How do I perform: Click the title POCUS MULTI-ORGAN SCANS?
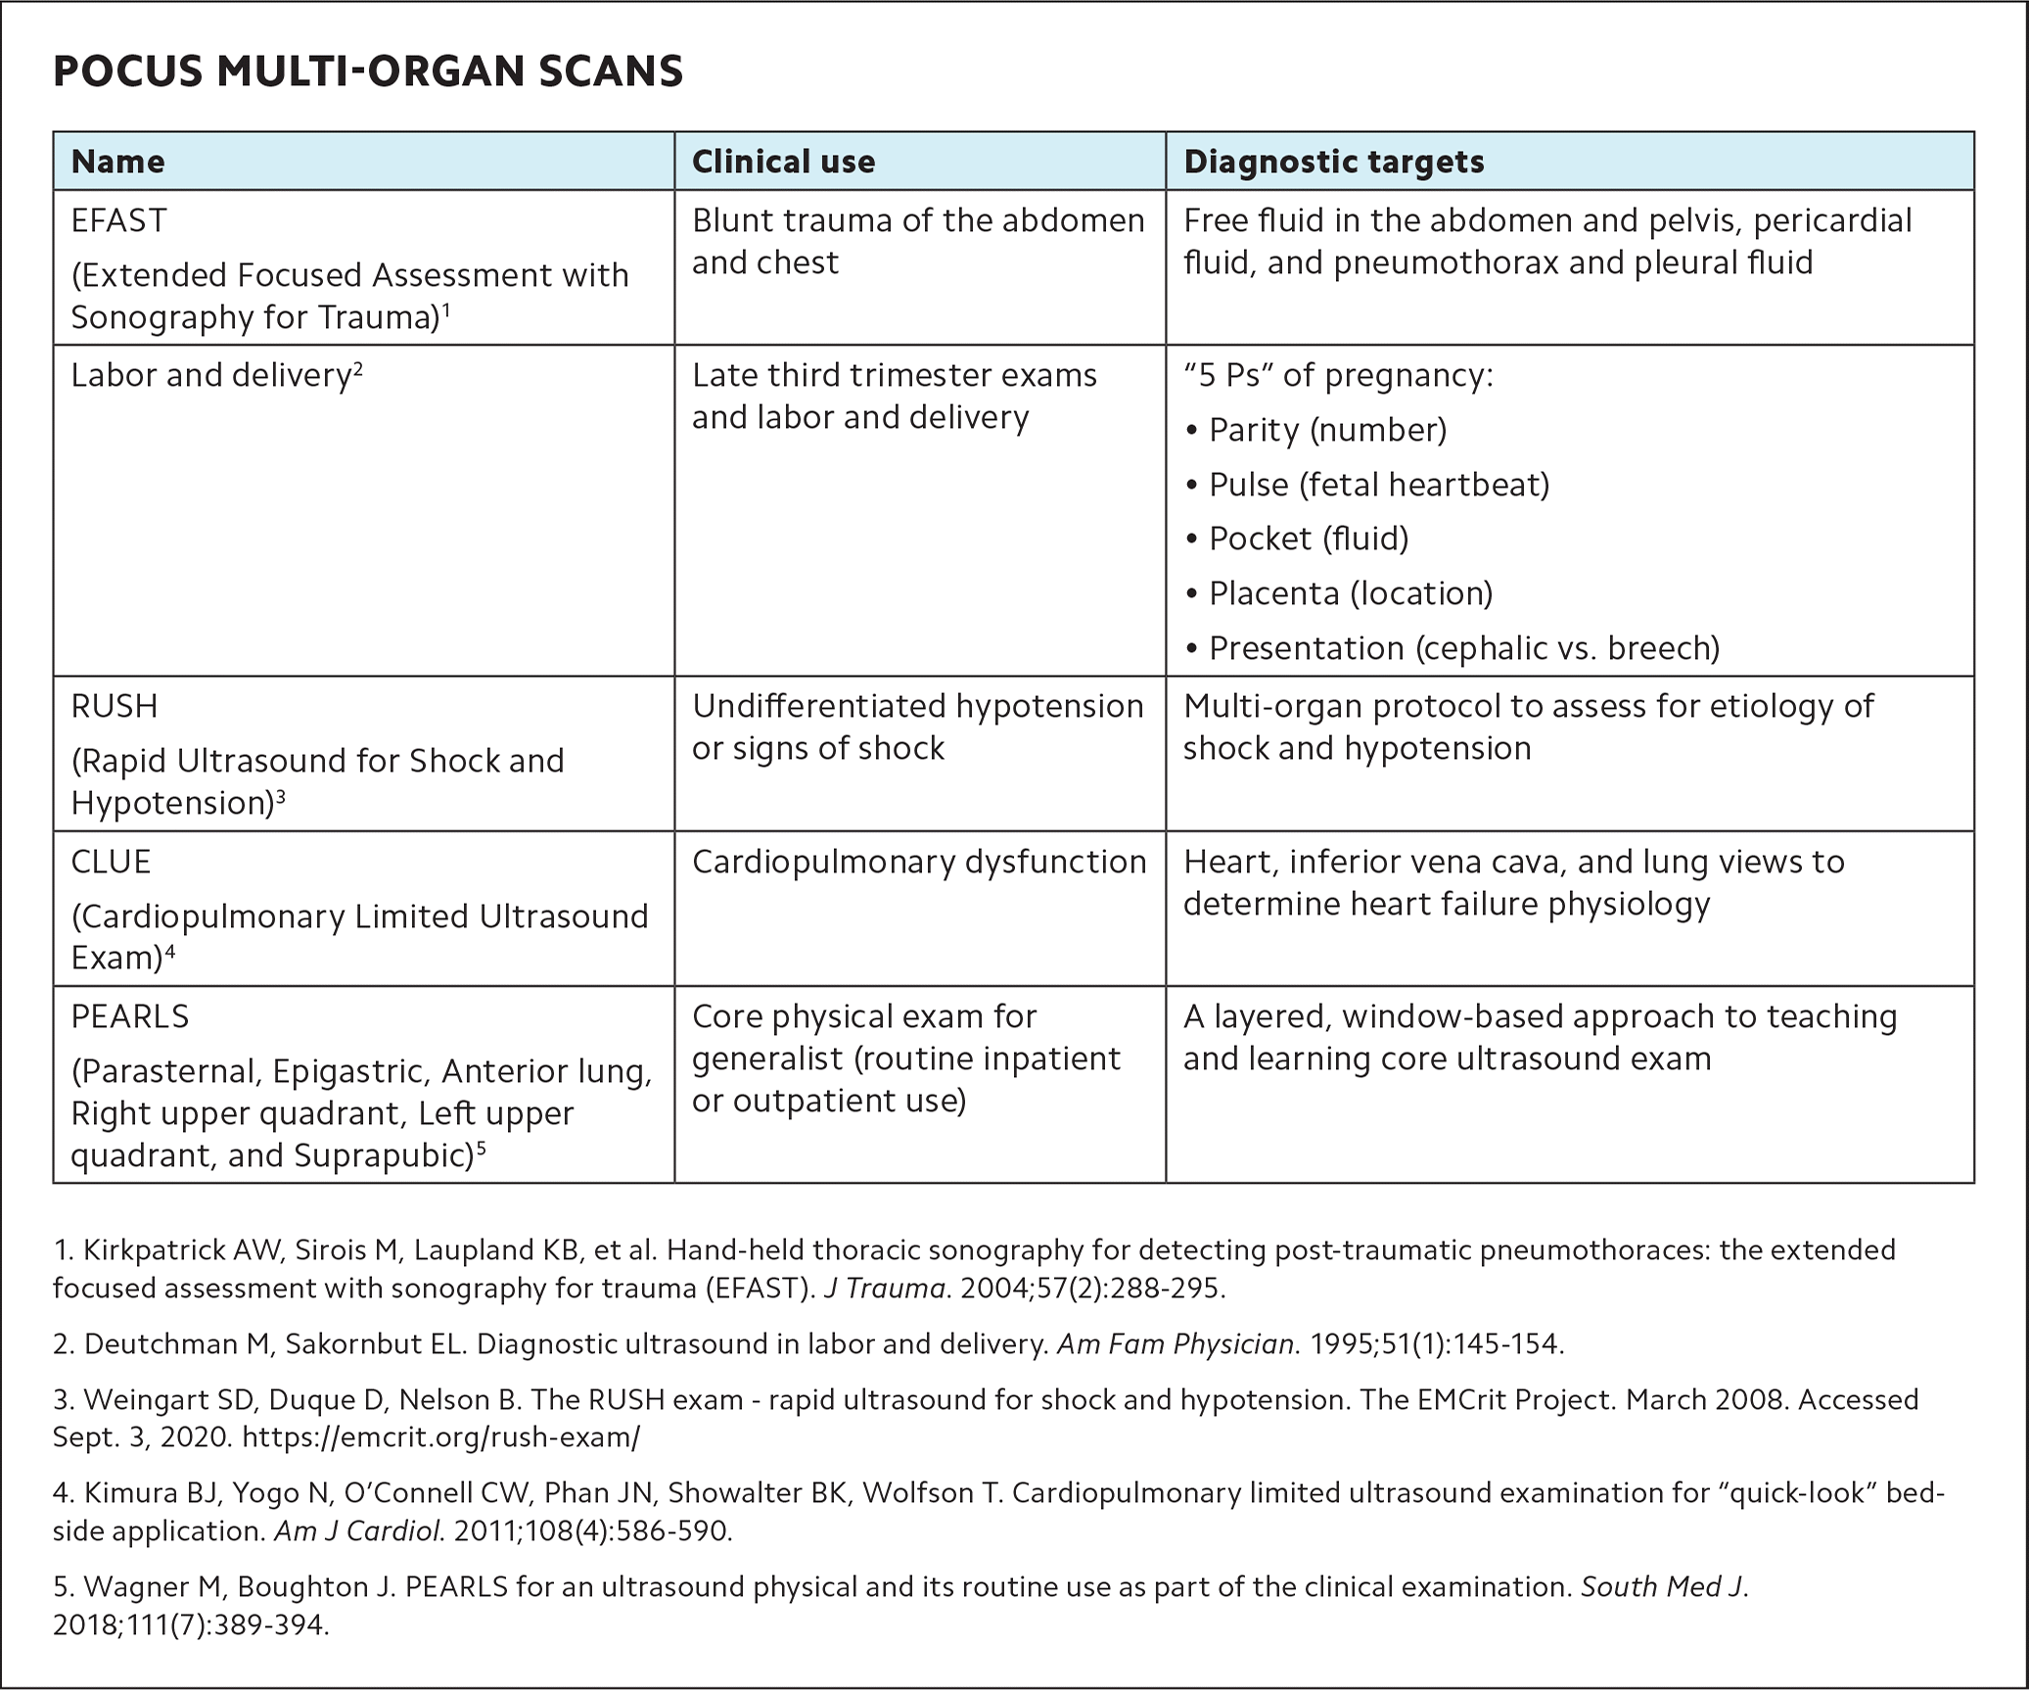(367, 71)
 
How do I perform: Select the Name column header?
(117, 162)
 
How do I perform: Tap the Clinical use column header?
(783, 162)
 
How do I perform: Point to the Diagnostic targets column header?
(1333, 162)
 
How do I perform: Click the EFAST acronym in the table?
(118, 220)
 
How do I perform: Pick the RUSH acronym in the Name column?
(114, 706)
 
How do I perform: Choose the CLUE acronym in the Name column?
(111, 862)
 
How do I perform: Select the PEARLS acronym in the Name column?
(129, 1016)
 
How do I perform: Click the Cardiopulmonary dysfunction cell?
(918, 862)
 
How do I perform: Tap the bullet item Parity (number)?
(1326, 430)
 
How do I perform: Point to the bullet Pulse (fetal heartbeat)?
(1378, 485)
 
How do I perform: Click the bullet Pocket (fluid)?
(1308, 539)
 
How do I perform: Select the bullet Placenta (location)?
(1350, 593)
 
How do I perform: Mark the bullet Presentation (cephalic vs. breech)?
(1463, 648)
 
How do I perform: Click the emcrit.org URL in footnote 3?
(440, 1437)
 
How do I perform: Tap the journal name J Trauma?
(884, 1289)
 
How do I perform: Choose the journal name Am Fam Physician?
(1176, 1344)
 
